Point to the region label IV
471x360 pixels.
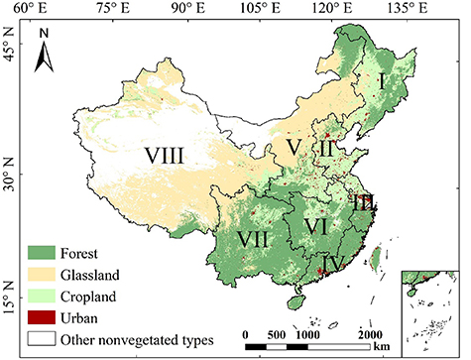pos(334,265)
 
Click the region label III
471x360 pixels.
pos(363,203)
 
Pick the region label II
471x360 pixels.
pos(327,149)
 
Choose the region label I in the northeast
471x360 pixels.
pos(382,82)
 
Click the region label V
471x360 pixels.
pos(293,148)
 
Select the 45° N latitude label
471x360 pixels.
pos(11,58)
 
